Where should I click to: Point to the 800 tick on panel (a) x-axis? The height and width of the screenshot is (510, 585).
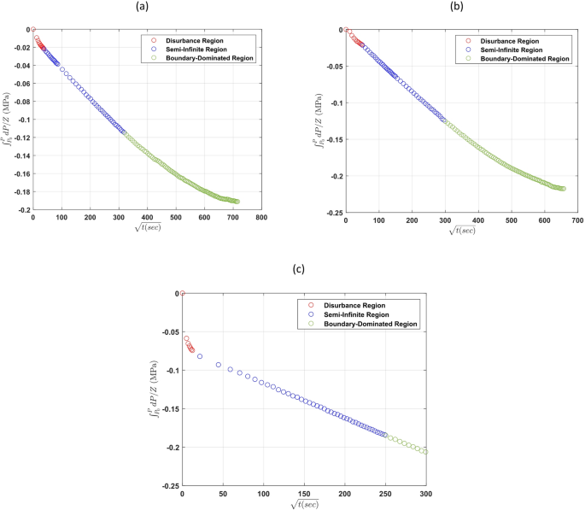pyautogui.click(x=261, y=218)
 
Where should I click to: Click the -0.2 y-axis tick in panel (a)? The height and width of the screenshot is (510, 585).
pyautogui.click(x=17, y=210)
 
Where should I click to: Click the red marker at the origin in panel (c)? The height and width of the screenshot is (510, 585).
pyautogui.click(x=182, y=294)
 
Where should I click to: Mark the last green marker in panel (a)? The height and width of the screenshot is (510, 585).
pyautogui.click(x=237, y=202)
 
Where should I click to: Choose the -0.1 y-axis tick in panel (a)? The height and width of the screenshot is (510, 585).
pyautogui.click(x=17, y=120)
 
